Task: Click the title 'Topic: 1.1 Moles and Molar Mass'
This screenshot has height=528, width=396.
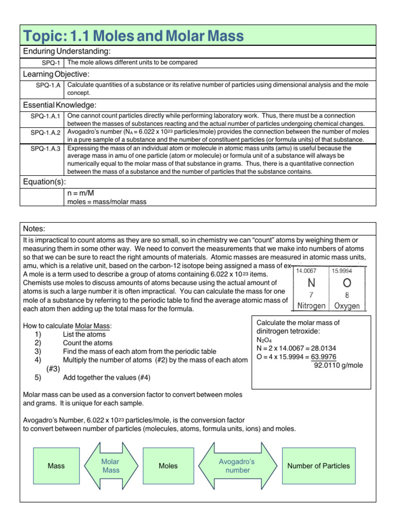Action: tap(134, 36)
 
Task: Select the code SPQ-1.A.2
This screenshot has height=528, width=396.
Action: tap(45, 133)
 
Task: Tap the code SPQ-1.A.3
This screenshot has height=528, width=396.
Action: tap(45, 148)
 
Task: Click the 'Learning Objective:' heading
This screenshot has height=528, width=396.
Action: tap(56, 74)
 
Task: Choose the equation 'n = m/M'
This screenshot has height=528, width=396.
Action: tap(81, 193)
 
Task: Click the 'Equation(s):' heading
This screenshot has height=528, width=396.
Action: tap(44, 182)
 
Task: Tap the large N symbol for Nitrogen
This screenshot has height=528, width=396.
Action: tap(311, 284)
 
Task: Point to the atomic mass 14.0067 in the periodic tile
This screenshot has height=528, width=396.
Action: tap(306, 270)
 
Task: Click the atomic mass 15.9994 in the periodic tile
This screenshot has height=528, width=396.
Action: tap(342, 270)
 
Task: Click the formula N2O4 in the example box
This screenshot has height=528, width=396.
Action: tap(262, 340)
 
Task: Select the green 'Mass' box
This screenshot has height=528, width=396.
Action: tap(56, 466)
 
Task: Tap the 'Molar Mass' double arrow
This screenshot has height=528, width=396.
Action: tap(111, 466)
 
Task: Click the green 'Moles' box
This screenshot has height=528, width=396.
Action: tap(168, 466)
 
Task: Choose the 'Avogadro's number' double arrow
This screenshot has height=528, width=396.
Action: tap(237, 466)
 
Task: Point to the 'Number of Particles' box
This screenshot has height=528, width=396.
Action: tap(318, 466)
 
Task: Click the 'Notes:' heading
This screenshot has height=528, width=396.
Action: tap(35, 228)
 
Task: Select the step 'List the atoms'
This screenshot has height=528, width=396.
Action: tap(84, 334)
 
